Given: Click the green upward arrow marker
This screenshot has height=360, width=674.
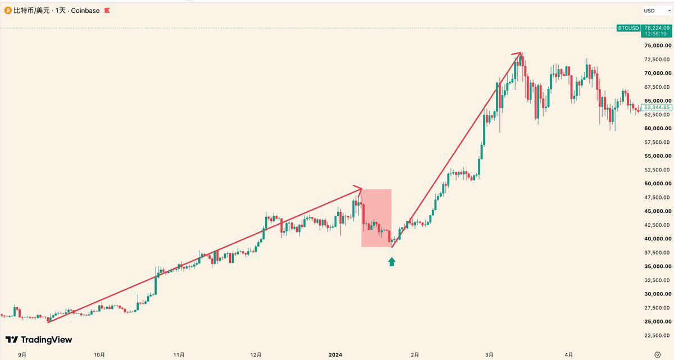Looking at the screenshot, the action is click(x=391, y=262).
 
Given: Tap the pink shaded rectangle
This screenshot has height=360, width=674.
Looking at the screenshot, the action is click(x=376, y=218).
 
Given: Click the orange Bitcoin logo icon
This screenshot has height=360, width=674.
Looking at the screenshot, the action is click(x=8, y=11).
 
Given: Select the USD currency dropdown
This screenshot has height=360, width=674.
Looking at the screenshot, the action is click(x=657, y=11).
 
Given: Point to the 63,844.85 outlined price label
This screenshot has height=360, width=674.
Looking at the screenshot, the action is click(x=657, y=107).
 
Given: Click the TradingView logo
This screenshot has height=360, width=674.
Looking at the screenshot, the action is click(x=39, y=340).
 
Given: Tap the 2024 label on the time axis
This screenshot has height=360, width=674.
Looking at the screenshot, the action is click(x=335, y=355).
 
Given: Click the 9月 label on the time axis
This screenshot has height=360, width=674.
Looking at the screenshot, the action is click(x=22, y=355).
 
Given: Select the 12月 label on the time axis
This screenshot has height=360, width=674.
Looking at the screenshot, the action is click(x=256, y=355).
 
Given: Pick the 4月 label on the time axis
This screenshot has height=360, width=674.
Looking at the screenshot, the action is click(x=568, y=355).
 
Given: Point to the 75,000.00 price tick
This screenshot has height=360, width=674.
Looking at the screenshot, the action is click(x=658, y=45).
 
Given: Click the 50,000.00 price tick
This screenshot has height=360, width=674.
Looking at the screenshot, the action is click(x=658, y=184).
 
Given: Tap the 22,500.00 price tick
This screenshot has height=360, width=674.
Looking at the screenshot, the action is click(x=658, y=335).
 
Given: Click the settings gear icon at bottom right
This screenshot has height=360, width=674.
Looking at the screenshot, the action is click(x=658, y=355).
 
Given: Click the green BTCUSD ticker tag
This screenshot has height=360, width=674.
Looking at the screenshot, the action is click(x=629, y=28).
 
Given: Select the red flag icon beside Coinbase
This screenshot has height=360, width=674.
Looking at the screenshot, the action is click(x=107, y=11).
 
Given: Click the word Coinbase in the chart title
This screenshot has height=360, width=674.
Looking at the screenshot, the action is click(x=85, y=11).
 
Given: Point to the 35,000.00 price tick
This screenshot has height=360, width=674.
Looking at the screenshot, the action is click(x=658, y=266).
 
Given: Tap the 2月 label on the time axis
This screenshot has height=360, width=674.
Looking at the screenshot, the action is click(x=415, y=355).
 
